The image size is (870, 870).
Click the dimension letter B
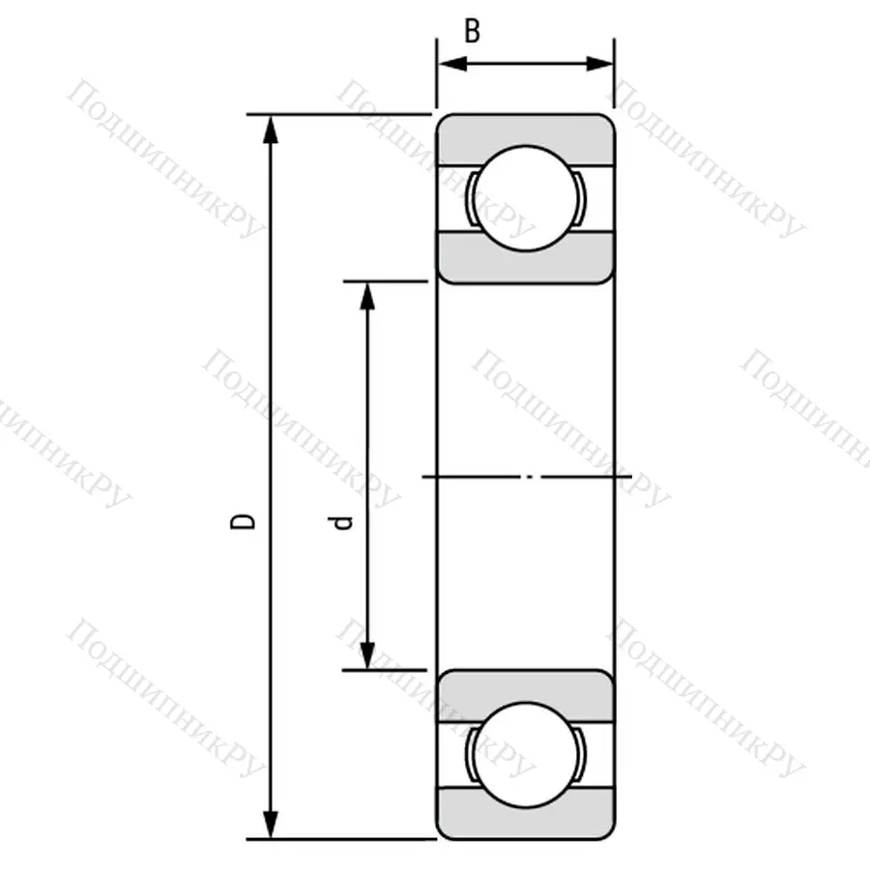pos(472,31)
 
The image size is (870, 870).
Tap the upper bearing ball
pos(526,198)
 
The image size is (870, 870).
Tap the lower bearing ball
pos(526,754)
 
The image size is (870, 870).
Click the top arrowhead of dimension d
pos(366,294)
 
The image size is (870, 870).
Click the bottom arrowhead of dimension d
pos(366,656)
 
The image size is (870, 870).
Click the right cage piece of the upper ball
pos(583,199)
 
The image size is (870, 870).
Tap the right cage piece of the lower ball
pos(583,754)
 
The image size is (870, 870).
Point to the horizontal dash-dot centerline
pos(527,477)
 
